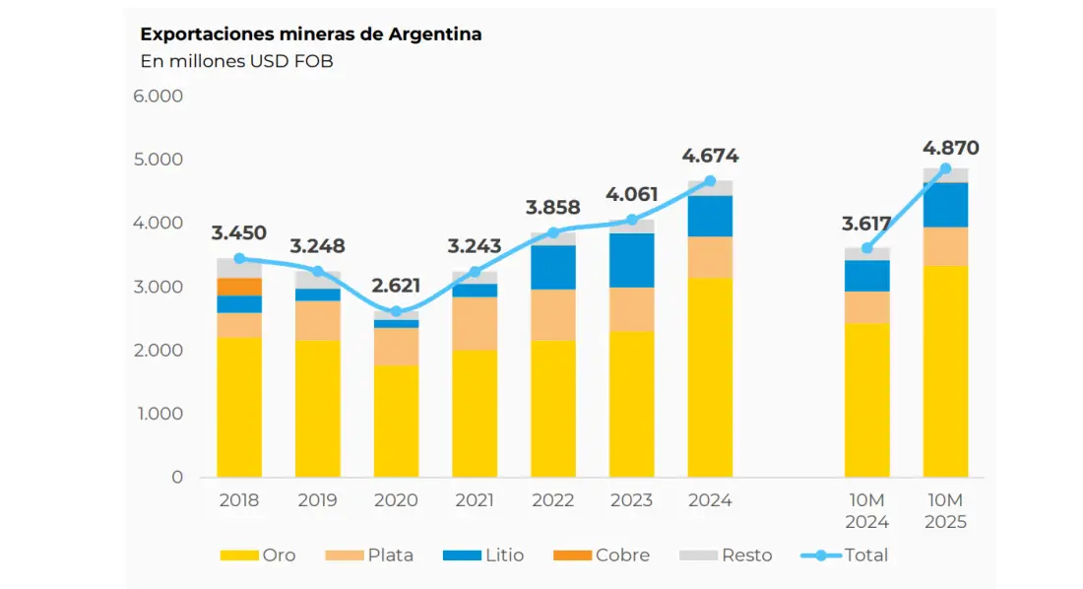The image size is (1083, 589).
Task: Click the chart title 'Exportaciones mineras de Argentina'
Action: tap(311, 34)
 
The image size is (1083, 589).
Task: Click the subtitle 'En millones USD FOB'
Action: tap(236, 62)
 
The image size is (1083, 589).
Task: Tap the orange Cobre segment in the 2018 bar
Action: tap(239, 287)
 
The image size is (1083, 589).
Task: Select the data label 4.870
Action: tap(950, 149)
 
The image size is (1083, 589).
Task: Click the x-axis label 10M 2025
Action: tap(945, 511)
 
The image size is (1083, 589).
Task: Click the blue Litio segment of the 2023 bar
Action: tap(631, 260)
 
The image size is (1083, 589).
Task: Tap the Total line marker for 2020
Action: tap(396, 311)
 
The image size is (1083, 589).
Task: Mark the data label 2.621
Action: tap(396, 287)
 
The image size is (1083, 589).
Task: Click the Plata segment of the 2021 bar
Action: tap(475, 323)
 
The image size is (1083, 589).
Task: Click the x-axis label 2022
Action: tap(552, 500)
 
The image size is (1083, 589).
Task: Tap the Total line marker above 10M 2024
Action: tap(866, 248)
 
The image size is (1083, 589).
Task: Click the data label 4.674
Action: tap(710, 156)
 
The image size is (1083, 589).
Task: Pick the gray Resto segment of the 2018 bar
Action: tap(239, 268)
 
